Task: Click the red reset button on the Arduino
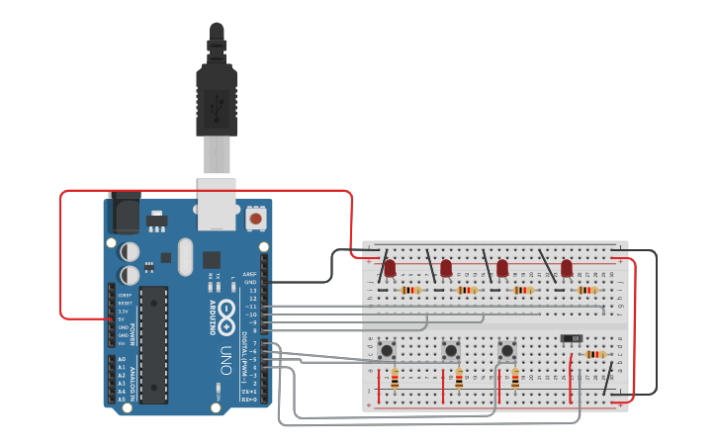(255, 218)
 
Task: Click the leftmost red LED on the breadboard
(391, 268)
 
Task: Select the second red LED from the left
(446, 268)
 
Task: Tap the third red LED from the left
(502, 268)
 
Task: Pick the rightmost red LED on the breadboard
(567, 268)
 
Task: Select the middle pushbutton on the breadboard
(451, 349)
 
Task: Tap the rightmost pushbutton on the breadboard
(507, 349)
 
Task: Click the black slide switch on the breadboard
(571, 338)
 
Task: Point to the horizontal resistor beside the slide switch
(595, 354)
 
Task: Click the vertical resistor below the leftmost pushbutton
(395, 379)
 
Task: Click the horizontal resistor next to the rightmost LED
(587, 291)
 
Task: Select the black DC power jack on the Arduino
(121, 213)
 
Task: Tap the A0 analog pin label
(121, 359)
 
